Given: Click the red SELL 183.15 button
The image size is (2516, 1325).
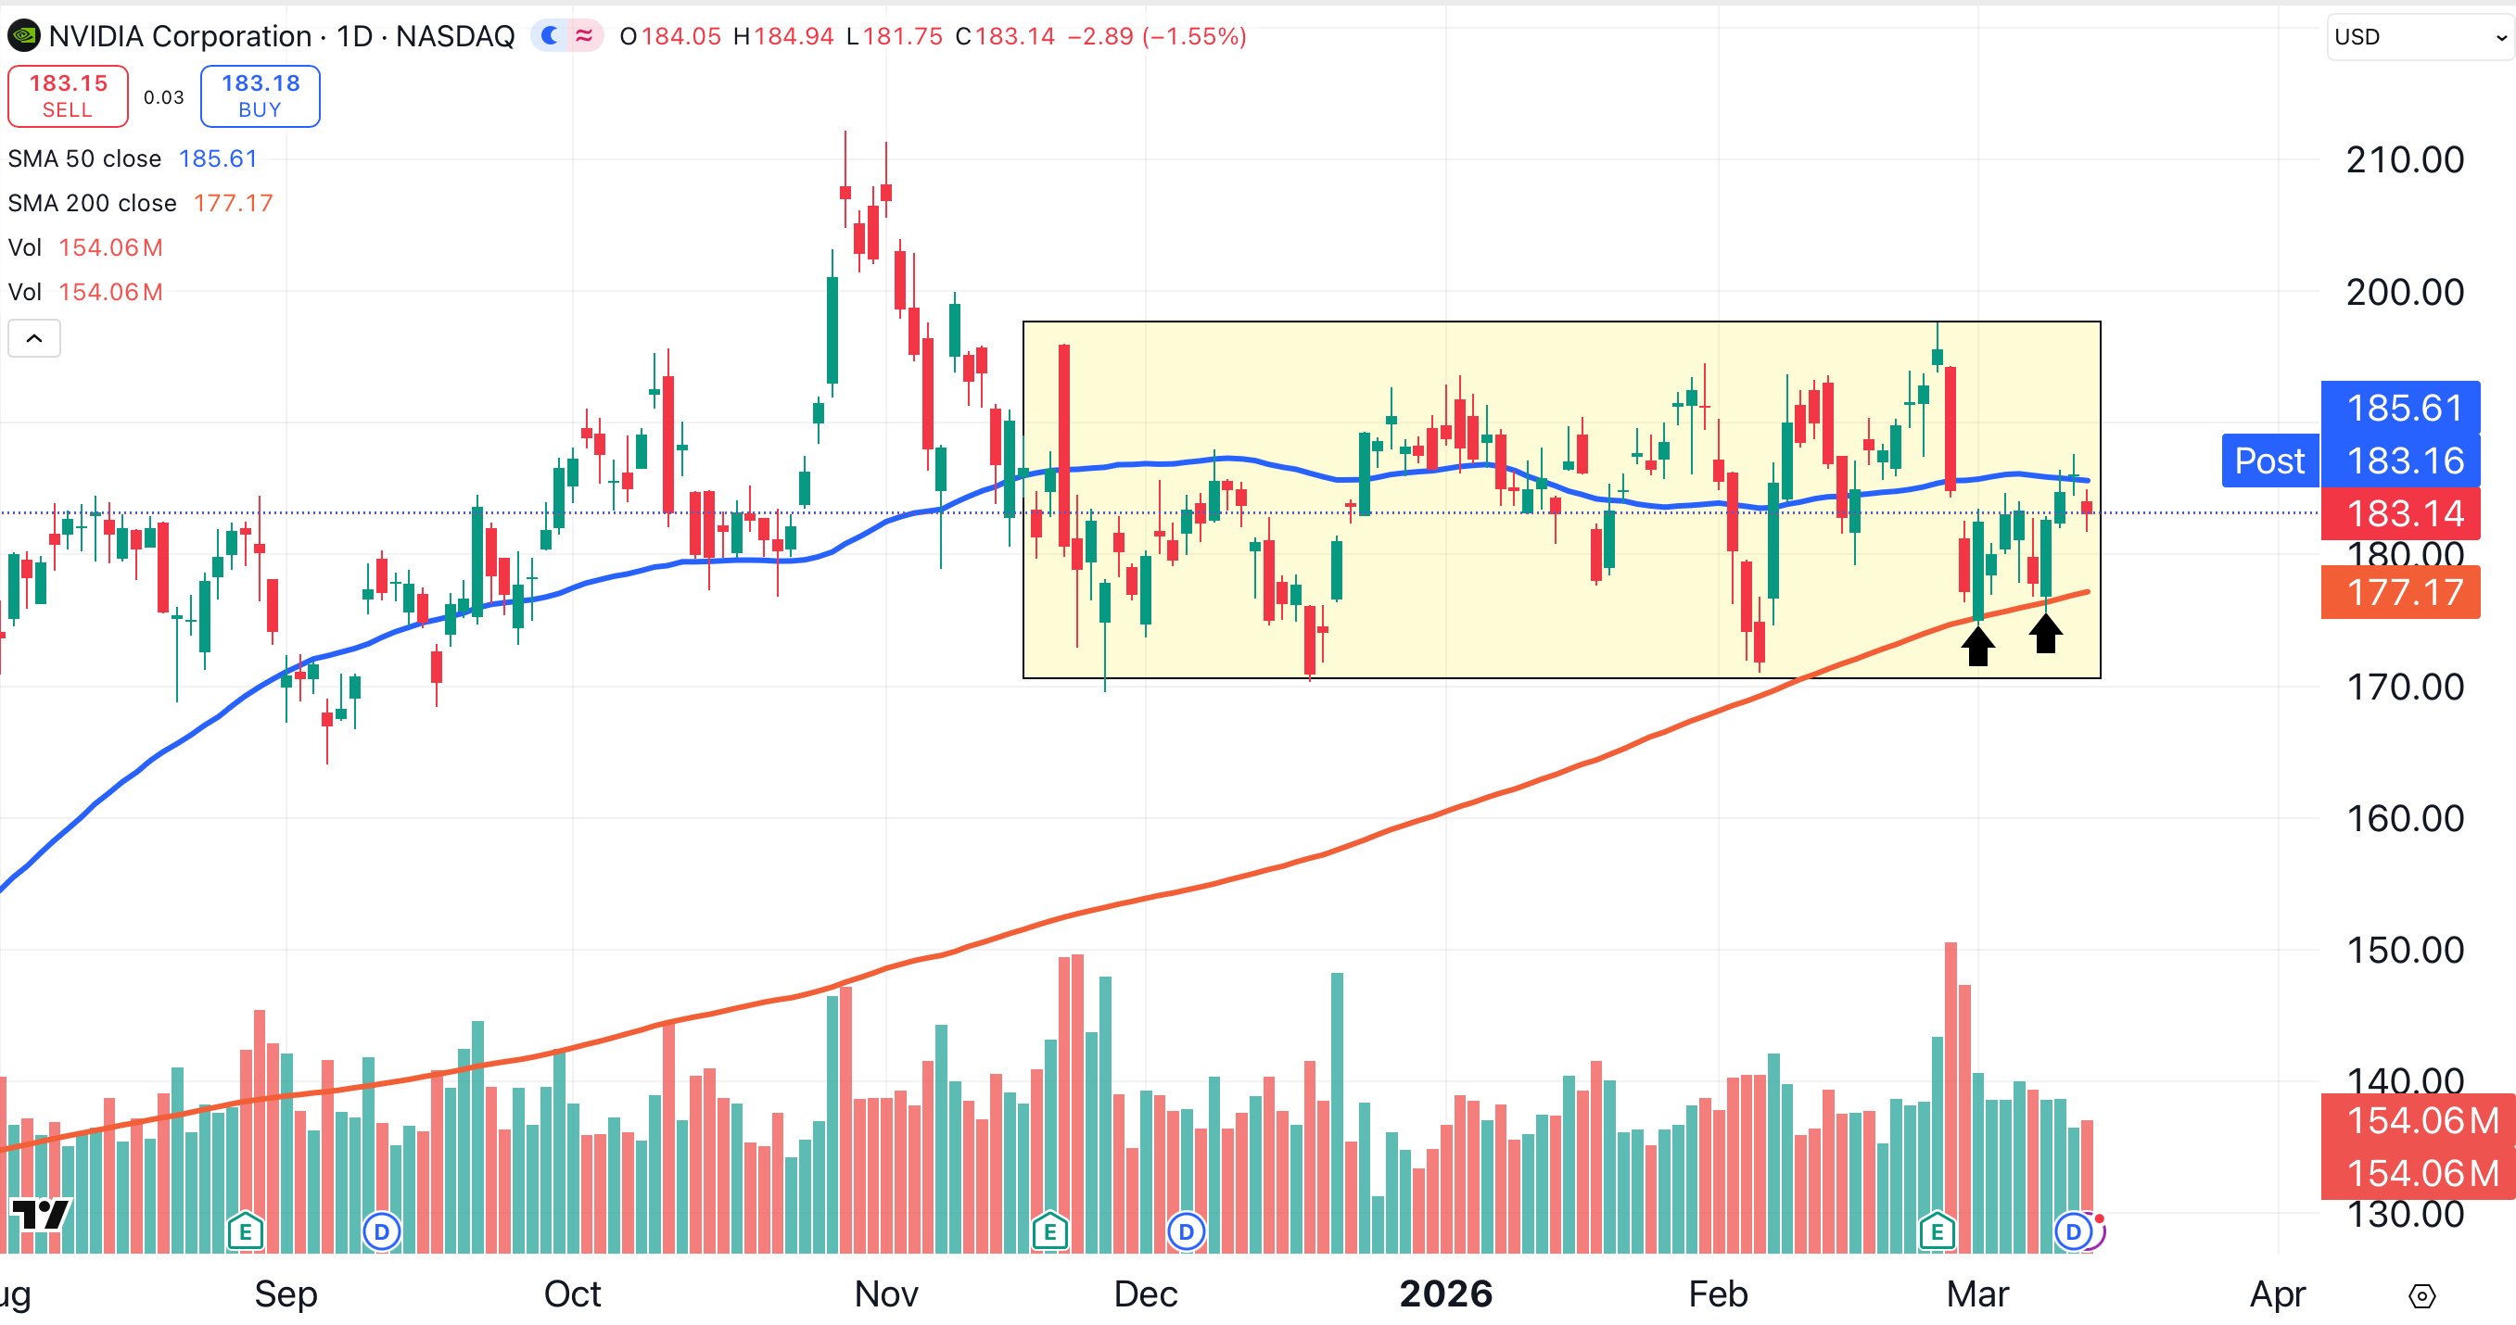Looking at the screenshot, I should point(68,95).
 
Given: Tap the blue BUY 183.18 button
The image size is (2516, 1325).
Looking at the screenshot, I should point(260,95).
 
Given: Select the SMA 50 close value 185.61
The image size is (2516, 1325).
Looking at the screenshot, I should point(218,158).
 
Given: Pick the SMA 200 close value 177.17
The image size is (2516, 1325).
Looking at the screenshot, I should point(233,203).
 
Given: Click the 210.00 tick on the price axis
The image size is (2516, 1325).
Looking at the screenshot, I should point(2405,160).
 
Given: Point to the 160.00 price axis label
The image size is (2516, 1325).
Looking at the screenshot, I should point(2405,818).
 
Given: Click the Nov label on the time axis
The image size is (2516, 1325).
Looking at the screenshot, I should point(886,1293).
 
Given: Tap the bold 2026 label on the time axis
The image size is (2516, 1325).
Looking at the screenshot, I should point(1445,1293).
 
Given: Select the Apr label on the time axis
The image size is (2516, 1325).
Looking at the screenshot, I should point(2278,1293).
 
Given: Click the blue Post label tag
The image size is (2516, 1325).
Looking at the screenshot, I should point(2269,461).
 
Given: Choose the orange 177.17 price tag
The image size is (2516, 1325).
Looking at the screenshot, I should point(2401,593).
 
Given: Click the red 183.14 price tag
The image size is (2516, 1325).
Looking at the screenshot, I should point(2401,513).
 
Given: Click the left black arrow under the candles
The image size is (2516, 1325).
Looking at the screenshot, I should point(1977,646).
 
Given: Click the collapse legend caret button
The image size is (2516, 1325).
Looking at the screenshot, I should point(34,338).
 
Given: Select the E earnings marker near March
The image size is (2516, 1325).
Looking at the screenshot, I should point(1937,1232).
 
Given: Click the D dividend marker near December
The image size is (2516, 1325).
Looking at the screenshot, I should point(1186,1232).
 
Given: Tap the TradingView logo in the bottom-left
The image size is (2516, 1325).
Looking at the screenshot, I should point(40,1215).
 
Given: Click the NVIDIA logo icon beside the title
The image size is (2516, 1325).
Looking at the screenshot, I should point(23,37).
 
